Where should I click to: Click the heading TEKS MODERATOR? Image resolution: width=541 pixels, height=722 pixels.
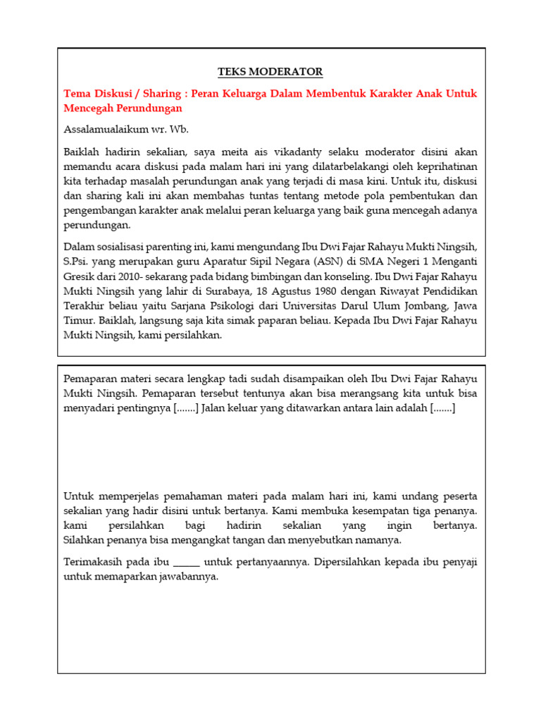pos(270,72)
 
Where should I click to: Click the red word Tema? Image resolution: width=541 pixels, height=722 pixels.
pos(77,94)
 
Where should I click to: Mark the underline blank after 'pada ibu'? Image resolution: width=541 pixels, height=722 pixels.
pos(187,562)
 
